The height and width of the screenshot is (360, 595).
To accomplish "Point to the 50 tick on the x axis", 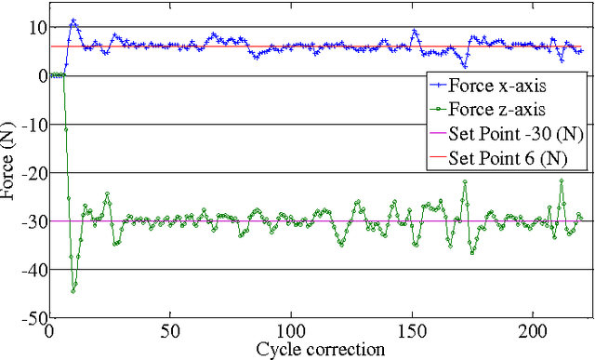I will pyautogui.click(x=170, y=331).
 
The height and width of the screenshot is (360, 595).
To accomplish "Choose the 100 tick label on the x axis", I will pyautogui.click(x=291, y=331).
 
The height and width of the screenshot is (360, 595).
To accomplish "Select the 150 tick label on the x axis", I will pyautogui.click(x=412, y=331).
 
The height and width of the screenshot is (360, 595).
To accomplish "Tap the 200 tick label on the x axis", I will pyautogui.click(x=533, y=331).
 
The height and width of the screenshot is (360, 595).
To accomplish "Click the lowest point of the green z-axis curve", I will pyautogui.click(x=73, y=291).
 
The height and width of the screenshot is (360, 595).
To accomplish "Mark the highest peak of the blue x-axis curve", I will pyautogui.click(x=73, y=20).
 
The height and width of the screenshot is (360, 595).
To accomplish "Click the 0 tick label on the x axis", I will pyautogui.click(x=50, y=331).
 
